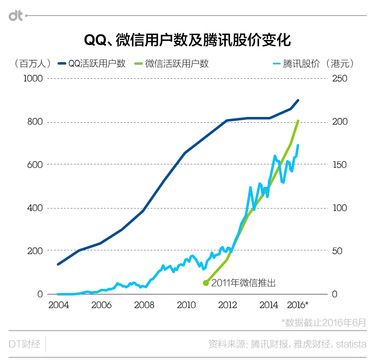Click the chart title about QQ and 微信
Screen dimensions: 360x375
click(187, 40)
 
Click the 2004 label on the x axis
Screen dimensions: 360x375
click(58, 305)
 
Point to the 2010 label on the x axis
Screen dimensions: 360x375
click(186, 305)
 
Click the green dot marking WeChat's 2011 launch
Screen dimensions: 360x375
click(205, 283)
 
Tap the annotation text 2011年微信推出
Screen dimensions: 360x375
click(244, 283)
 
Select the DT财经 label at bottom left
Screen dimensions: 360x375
click(25, 344)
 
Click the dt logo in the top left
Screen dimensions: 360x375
click(16, 16)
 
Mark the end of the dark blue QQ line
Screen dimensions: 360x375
click(298, 100)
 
